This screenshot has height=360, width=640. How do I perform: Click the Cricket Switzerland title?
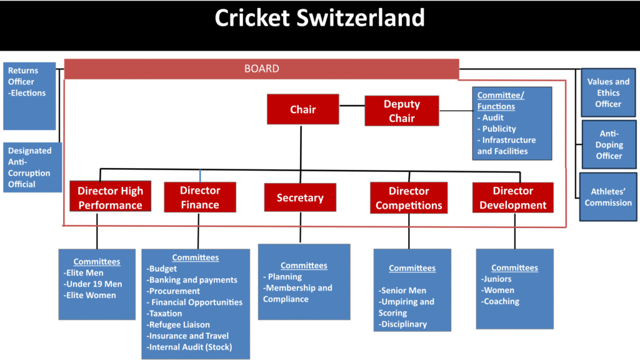(x=319, y=17)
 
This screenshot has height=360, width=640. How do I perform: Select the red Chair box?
(x=302, y=109)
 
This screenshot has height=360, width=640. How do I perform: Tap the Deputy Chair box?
(x=401, y=111)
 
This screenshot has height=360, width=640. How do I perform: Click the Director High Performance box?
(x=110, y=197)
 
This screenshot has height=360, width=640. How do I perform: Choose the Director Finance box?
(x=200, y=197)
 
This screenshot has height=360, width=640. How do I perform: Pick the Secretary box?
(x=300, y=197)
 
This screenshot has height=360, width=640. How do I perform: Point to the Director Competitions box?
(x=409, y=198)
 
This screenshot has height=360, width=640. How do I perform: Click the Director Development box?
(x=512, y=197)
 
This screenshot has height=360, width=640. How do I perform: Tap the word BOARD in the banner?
(x=261, y=69)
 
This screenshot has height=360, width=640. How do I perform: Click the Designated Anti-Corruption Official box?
(x=30, y=167)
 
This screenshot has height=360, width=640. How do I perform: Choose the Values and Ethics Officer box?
(x=608, y=92)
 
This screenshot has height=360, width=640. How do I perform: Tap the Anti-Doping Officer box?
(x=608, y=144)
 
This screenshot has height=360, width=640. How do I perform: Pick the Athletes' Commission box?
(x=608, y=197)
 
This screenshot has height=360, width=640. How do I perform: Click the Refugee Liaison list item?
(x=179, y=325)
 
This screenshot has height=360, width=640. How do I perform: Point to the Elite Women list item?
(x=91, y=296)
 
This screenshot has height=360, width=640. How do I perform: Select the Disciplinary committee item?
(x=403, y=324)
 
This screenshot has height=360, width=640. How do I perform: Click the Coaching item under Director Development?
(x=501, y=301)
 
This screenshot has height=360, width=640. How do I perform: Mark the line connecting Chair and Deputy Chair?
(x=352, y=106)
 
